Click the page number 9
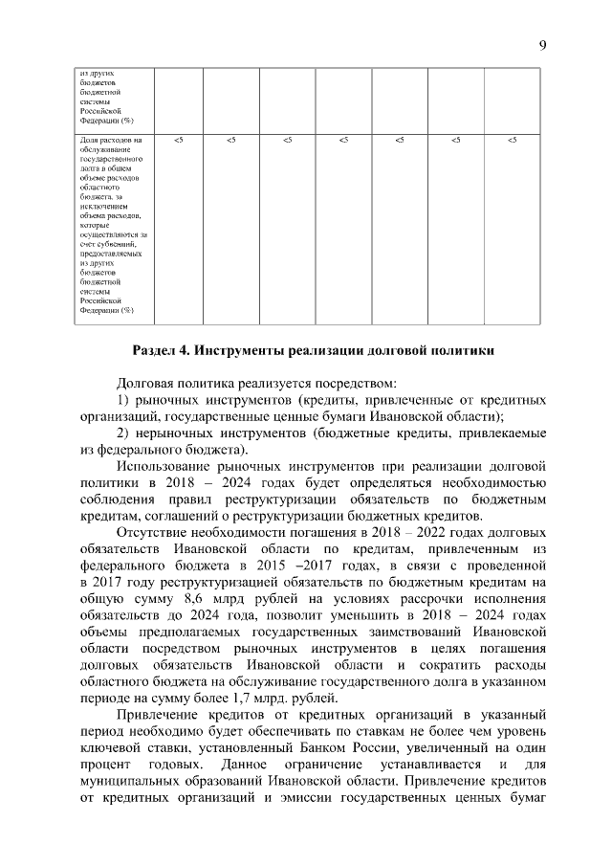[x=542, y=45]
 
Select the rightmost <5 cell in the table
[x=513, y=142]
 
